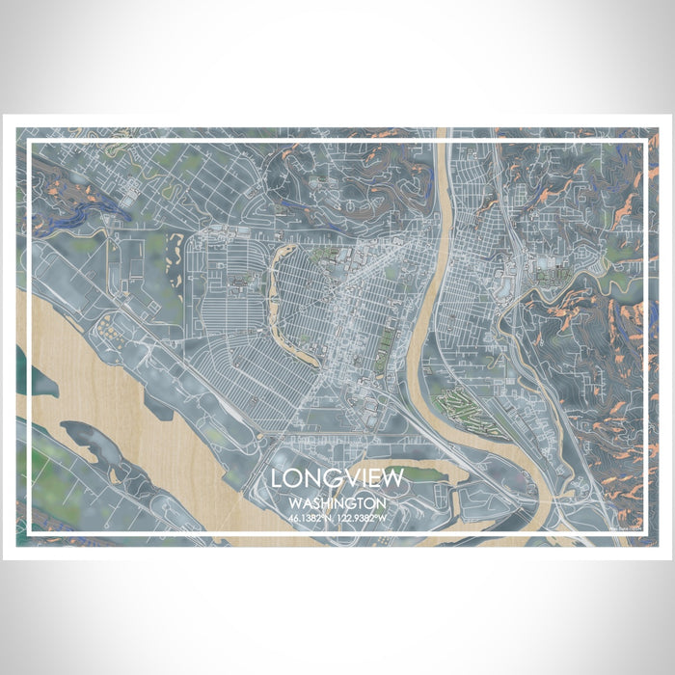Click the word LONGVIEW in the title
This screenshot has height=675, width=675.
click(337, 478)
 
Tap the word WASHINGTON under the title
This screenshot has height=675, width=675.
click(337, 503)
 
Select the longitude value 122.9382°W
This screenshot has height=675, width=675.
click(364, 518)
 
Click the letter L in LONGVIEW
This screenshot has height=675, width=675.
click(277, 478)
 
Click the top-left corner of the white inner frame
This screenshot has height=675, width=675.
click(30, 143)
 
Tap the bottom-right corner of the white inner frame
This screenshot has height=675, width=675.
click(643, 532)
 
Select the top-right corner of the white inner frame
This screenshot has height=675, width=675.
click(643, 143)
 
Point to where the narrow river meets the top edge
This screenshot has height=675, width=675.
click(443, 131)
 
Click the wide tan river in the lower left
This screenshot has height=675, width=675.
click(96, 386)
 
